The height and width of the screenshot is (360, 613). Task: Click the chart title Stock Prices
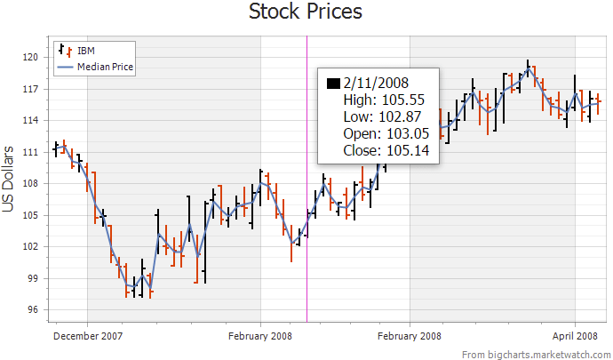(x=306, y=12)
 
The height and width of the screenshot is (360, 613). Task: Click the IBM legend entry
(x=87, y=49)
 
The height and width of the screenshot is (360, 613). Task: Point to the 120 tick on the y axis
(x=31, y=58)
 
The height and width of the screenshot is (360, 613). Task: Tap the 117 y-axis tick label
(x=31, y=89)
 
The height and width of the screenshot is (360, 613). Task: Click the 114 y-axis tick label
(x=31, y=120)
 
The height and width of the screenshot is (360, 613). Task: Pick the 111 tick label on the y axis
(x=31, y=152)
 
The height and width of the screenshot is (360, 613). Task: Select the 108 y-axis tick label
(x=31, y=183)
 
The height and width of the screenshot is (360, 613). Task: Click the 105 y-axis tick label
(x=31, y=215)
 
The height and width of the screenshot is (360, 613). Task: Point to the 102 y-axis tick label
(x=31, y=246)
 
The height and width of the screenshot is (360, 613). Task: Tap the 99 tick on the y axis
(x=33, y=278)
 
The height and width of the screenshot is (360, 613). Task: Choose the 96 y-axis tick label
(x=33, y=309)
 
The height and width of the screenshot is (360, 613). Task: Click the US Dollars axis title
(x=9, y=179)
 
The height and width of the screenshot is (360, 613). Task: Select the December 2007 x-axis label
(x=88, y=336)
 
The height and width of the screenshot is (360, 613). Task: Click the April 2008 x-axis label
(x=574, y=336)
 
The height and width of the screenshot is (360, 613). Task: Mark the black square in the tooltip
(x=333, y=84)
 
